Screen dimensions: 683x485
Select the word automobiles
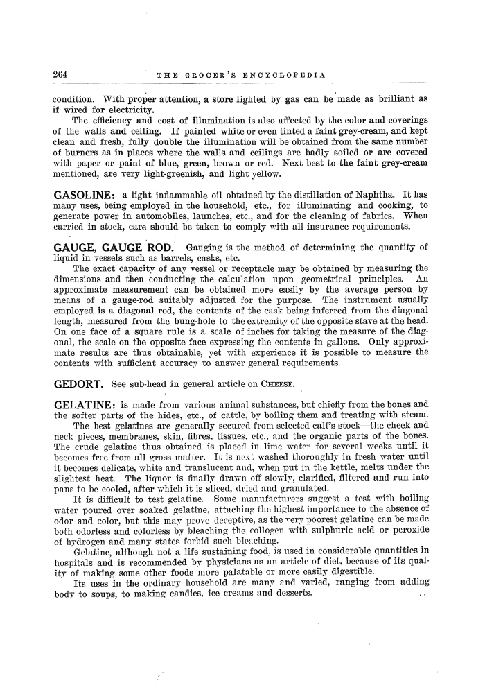tap(166, 215)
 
